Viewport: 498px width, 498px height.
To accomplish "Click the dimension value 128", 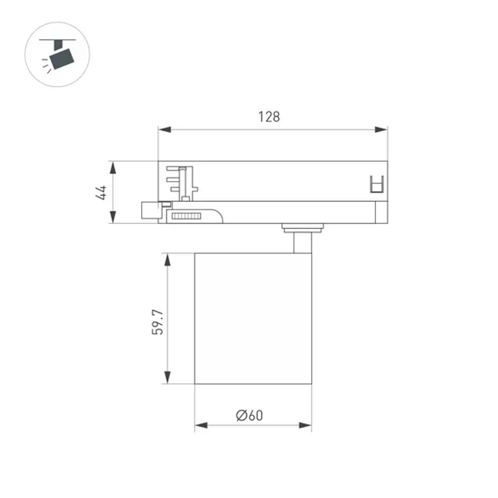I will [269, 117].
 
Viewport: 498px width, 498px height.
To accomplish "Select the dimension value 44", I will [102, 192].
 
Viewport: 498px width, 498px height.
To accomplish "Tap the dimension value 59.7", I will [157, 322].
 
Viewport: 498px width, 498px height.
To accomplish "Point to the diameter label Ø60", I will [250, 415].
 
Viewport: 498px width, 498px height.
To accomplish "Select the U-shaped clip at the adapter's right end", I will [376, 184].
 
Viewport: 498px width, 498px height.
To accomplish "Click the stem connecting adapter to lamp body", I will [302, 243].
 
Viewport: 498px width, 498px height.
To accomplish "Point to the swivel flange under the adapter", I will [302, 228].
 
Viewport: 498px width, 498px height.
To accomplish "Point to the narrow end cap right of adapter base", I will [382, 213].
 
